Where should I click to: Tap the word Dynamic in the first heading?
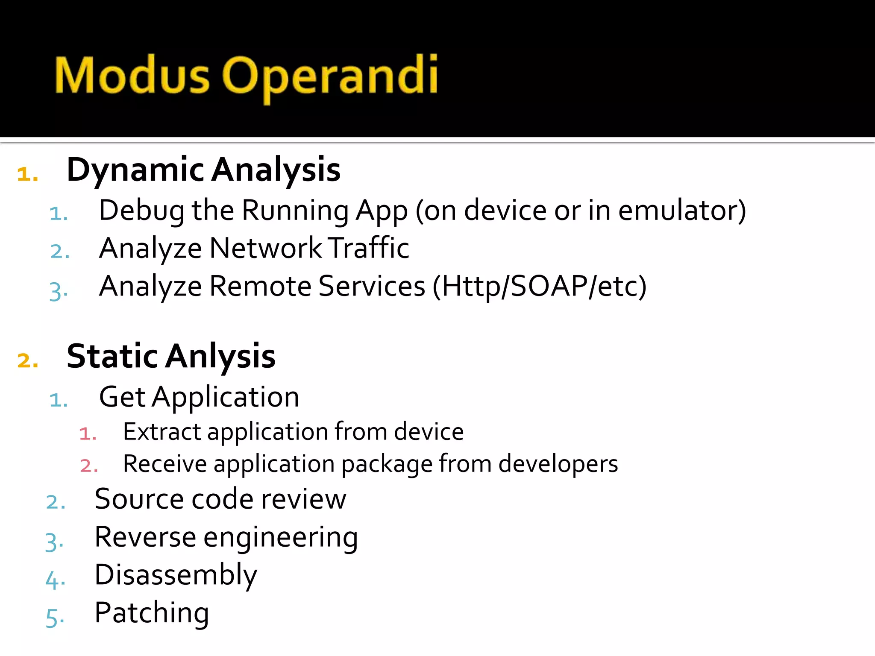click(x=135, y=170)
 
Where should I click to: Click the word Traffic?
click(x=370, y=248)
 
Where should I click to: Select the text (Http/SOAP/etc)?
click(x=540, y=286)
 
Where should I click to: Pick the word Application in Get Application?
click(x=226, y=397)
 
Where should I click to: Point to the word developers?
click(x=558, y=464)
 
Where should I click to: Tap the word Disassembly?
click(x=176, y=575)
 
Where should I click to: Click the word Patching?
click(x=152, y=613)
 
